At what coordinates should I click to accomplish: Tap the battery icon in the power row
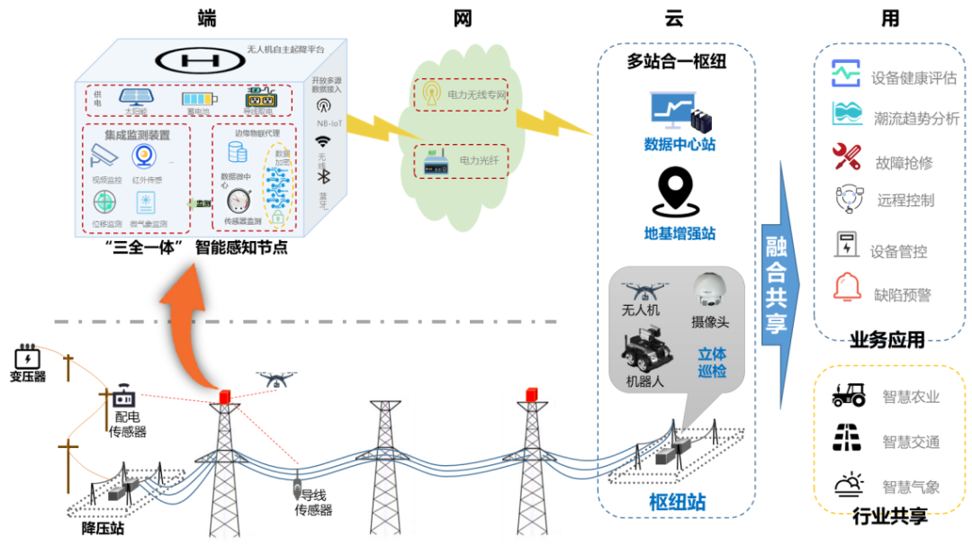(200, 100)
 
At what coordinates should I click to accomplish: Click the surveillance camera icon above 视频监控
(104, 157)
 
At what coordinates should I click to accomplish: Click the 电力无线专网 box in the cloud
(459, 94)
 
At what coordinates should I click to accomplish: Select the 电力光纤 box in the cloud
(461, 160)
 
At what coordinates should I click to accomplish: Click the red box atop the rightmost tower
(532, 393)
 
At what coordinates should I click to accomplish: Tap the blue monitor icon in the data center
(671, 109)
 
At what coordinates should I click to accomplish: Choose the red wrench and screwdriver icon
(846, 157)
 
